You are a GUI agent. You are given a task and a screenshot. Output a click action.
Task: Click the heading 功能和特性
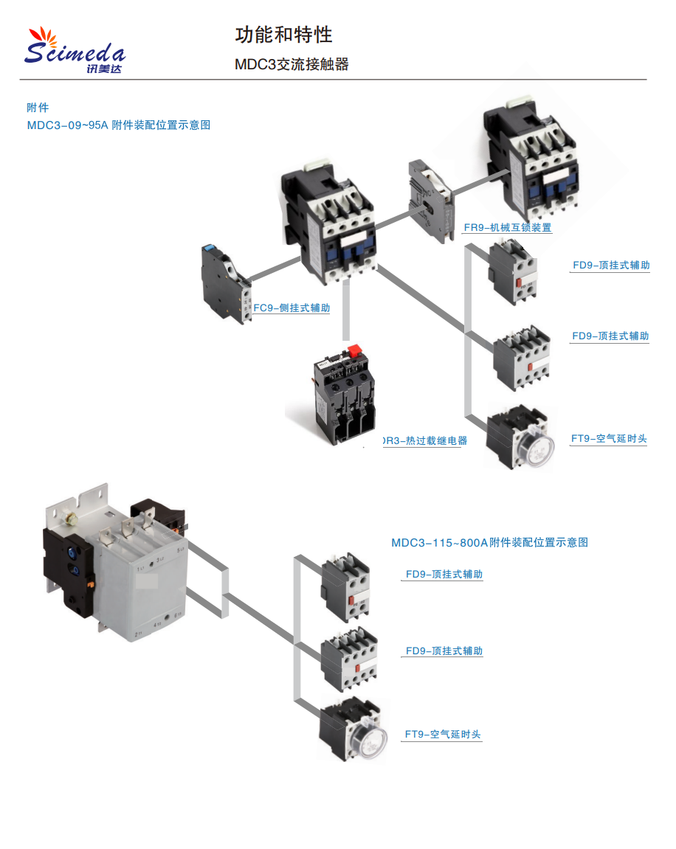tap(283, 35)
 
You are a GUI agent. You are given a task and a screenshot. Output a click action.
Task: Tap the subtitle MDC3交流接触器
tap(292, 64)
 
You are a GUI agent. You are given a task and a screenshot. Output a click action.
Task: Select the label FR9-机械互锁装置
tap(507, 228)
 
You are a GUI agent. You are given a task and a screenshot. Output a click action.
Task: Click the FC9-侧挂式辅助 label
tap(292, 308)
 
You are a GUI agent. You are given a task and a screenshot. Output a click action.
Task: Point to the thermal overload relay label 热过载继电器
tap(427, 441)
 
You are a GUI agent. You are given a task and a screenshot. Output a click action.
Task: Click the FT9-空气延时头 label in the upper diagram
tap(609, 439)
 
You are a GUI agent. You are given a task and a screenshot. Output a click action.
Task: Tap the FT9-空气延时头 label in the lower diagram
tap(443, 735)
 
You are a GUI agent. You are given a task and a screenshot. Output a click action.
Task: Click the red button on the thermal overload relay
tap(353, 351)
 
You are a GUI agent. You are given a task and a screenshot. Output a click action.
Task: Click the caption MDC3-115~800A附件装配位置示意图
tap(489, 543)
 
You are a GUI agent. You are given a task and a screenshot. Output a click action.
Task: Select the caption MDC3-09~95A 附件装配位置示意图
tap(119, 125)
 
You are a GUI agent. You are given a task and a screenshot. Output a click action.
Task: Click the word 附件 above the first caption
tap(38, 108)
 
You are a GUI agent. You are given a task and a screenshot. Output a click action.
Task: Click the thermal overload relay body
tap(342, 398)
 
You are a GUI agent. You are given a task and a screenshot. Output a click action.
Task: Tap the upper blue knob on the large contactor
tap(72, 550)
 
